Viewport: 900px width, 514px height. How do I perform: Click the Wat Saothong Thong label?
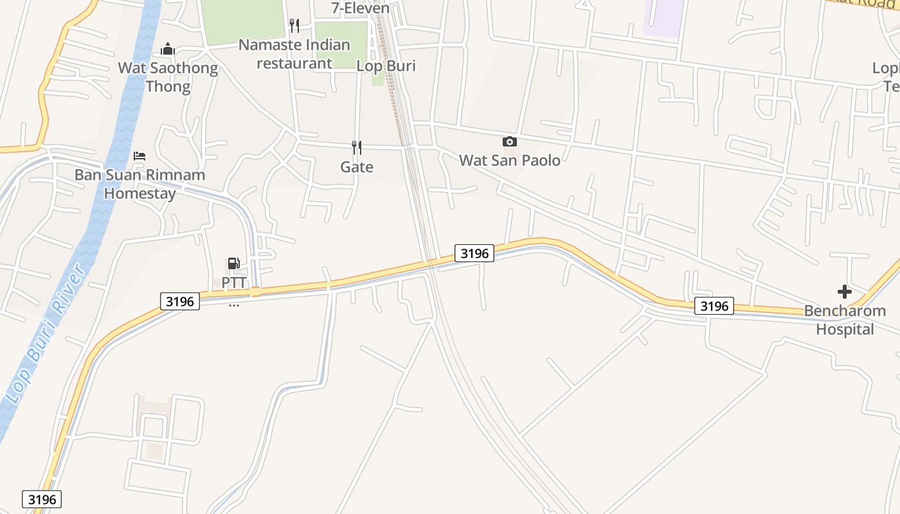point(168,77)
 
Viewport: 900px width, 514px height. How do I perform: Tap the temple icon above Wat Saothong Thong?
point(168,49)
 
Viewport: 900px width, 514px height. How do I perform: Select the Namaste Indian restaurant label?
point(294,54)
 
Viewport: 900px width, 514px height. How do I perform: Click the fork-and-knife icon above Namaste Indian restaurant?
point(294,26)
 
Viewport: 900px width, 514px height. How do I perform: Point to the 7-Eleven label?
point(361,8)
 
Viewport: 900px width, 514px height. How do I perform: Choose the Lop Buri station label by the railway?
point(386,66)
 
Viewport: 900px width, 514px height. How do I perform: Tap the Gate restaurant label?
point(357,167)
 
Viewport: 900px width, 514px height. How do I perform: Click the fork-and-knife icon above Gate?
point(357,148)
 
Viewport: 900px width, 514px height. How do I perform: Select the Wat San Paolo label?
point(510,160)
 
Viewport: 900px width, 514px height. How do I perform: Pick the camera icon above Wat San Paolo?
point(510,141)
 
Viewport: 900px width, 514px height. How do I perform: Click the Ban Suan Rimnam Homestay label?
point(139,184)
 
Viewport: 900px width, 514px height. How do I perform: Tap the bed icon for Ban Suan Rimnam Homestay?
point(139,156)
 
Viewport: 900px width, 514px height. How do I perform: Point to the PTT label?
point(234,283)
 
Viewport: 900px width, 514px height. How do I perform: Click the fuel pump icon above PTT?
point(234,263)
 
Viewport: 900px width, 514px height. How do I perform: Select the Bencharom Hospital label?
point(845,320)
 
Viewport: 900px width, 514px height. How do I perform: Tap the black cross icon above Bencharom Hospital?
point(845,292)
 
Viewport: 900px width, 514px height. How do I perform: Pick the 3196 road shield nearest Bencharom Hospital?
point(714,306)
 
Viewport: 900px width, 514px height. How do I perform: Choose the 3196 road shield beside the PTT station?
point(180,301)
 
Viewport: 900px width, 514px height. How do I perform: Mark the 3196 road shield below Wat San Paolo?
point(474,253)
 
